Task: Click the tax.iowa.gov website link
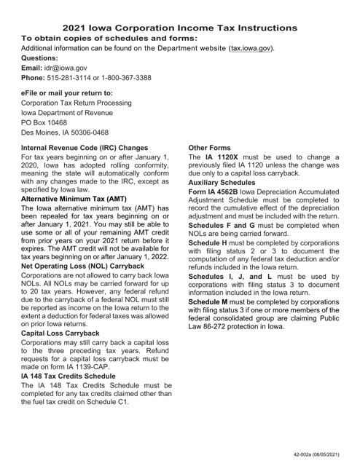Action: [251, 48]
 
